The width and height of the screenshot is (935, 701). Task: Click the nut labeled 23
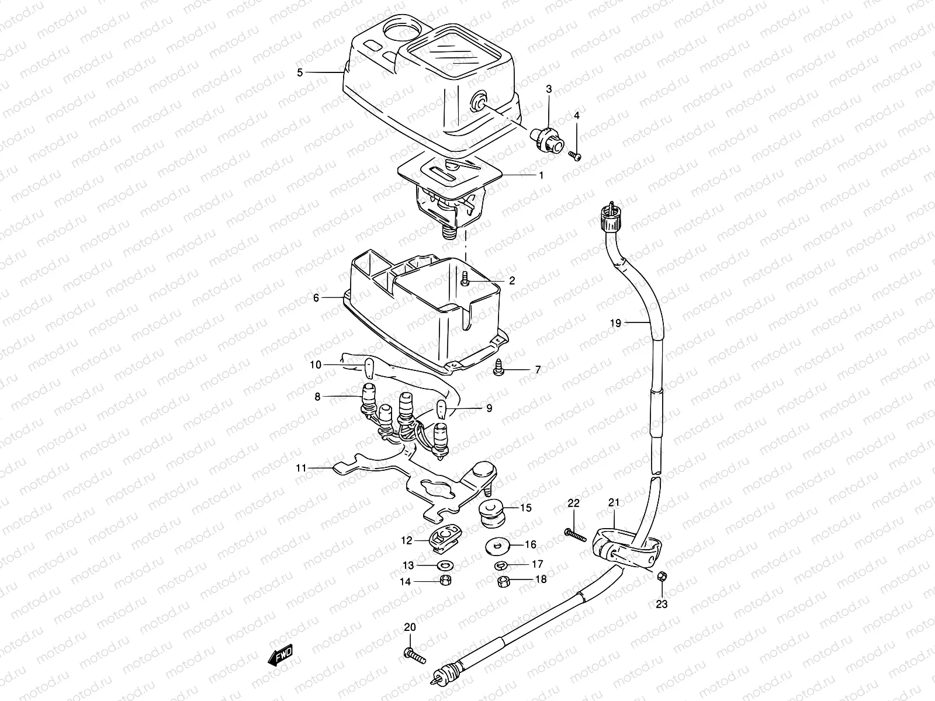point(662,576)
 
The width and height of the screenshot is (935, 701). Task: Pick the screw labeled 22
point(574,534)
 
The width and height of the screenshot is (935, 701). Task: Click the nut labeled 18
point(503,581)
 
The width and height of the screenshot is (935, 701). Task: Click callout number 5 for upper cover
point(300,72)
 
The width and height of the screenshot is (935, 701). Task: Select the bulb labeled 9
point(443,410)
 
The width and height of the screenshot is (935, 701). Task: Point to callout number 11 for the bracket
point(301,468)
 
